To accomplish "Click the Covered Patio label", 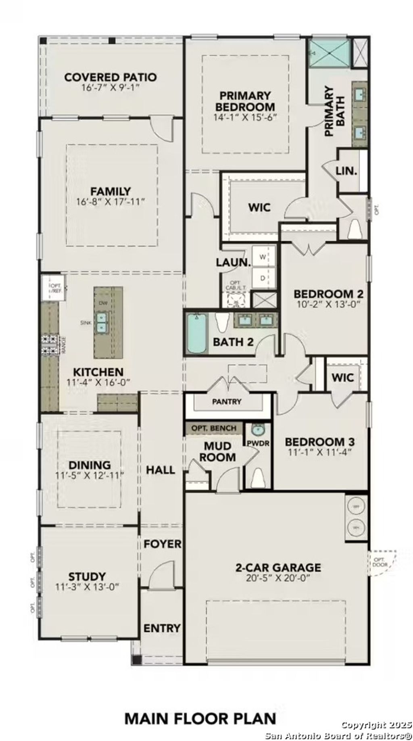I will (x=111, y=77).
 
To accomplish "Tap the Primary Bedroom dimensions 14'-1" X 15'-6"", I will (x=246, y=117).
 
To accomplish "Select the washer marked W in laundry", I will (x=263, y=257).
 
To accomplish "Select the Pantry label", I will (x=227, y=401).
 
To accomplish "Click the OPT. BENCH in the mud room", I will (x=214, y=428).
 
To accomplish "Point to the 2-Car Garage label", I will (x=278, y=568).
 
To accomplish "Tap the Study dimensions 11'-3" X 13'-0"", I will (x=87, y=587).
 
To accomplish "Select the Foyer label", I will (x=163, y=544).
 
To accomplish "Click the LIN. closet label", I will (x=346, y=171).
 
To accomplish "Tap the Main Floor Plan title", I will (x=200, y=719).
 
